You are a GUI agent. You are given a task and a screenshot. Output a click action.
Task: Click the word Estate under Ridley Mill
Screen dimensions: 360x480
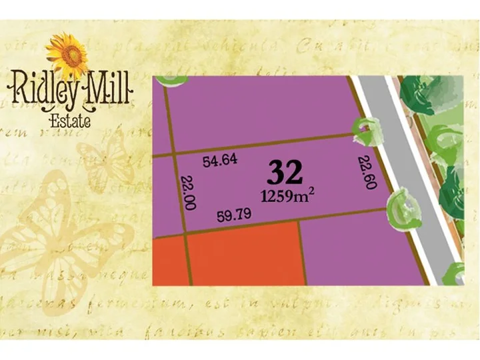click(x=71, y=120)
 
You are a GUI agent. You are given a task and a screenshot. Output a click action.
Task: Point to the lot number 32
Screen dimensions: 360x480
click(x=285, y=173)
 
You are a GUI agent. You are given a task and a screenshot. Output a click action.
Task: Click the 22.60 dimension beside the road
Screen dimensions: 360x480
click(x=365, y=173)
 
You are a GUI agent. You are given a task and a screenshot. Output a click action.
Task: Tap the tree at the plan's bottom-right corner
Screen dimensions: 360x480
click(x=455, y=273)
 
